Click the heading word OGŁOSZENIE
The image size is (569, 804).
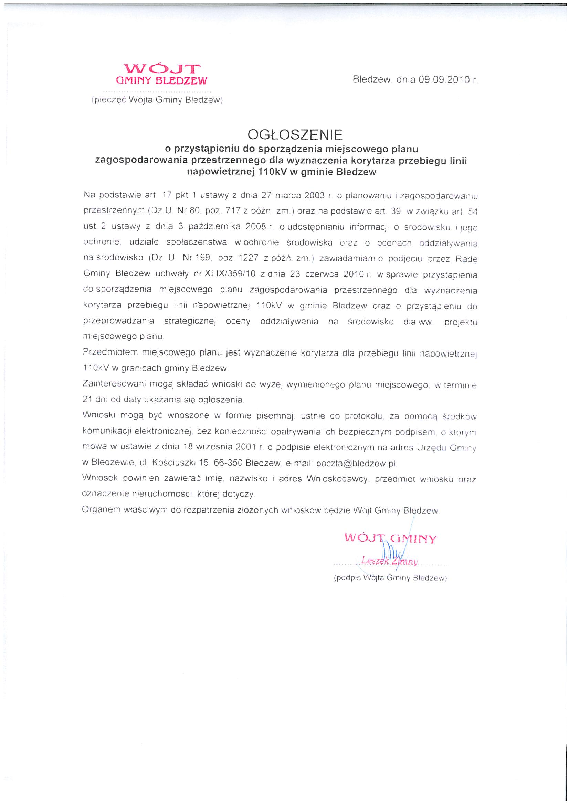[295, 134]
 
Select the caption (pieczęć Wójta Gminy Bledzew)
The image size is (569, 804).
[157, 100]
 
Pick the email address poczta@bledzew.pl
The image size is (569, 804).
[356, 463]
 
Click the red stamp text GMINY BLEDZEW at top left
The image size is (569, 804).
[162, 81]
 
